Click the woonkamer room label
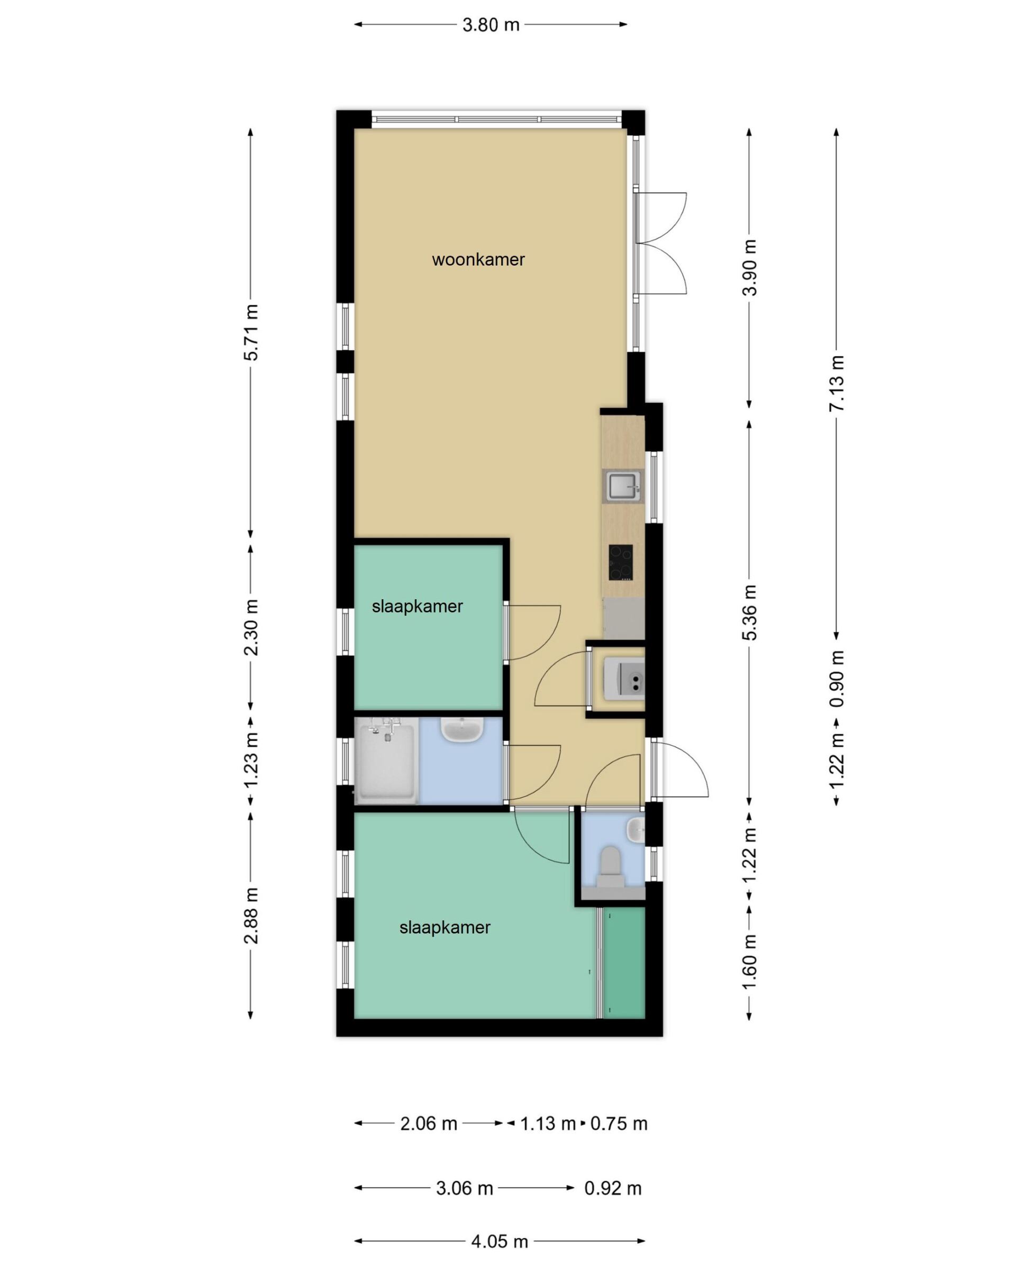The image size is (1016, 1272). tap(478, 260)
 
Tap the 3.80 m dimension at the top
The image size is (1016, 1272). tap(491, 25)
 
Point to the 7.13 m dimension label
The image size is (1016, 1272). tap(836, 383)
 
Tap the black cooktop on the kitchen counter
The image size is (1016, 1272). tap(621, 562)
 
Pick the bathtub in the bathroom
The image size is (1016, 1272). tap(387, 761)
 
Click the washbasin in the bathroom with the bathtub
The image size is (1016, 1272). tap(462, 729)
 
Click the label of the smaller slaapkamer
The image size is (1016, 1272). tap(417, 607)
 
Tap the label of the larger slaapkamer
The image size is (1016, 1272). tap(444, 928)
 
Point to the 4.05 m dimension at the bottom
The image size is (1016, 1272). tap(500, 1242)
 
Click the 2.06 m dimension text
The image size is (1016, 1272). tap(429, 1124)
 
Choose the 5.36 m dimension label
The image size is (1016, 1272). tap(749, 612)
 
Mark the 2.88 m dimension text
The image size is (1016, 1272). tap(251, 916)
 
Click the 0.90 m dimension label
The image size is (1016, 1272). tap(836, 679)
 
